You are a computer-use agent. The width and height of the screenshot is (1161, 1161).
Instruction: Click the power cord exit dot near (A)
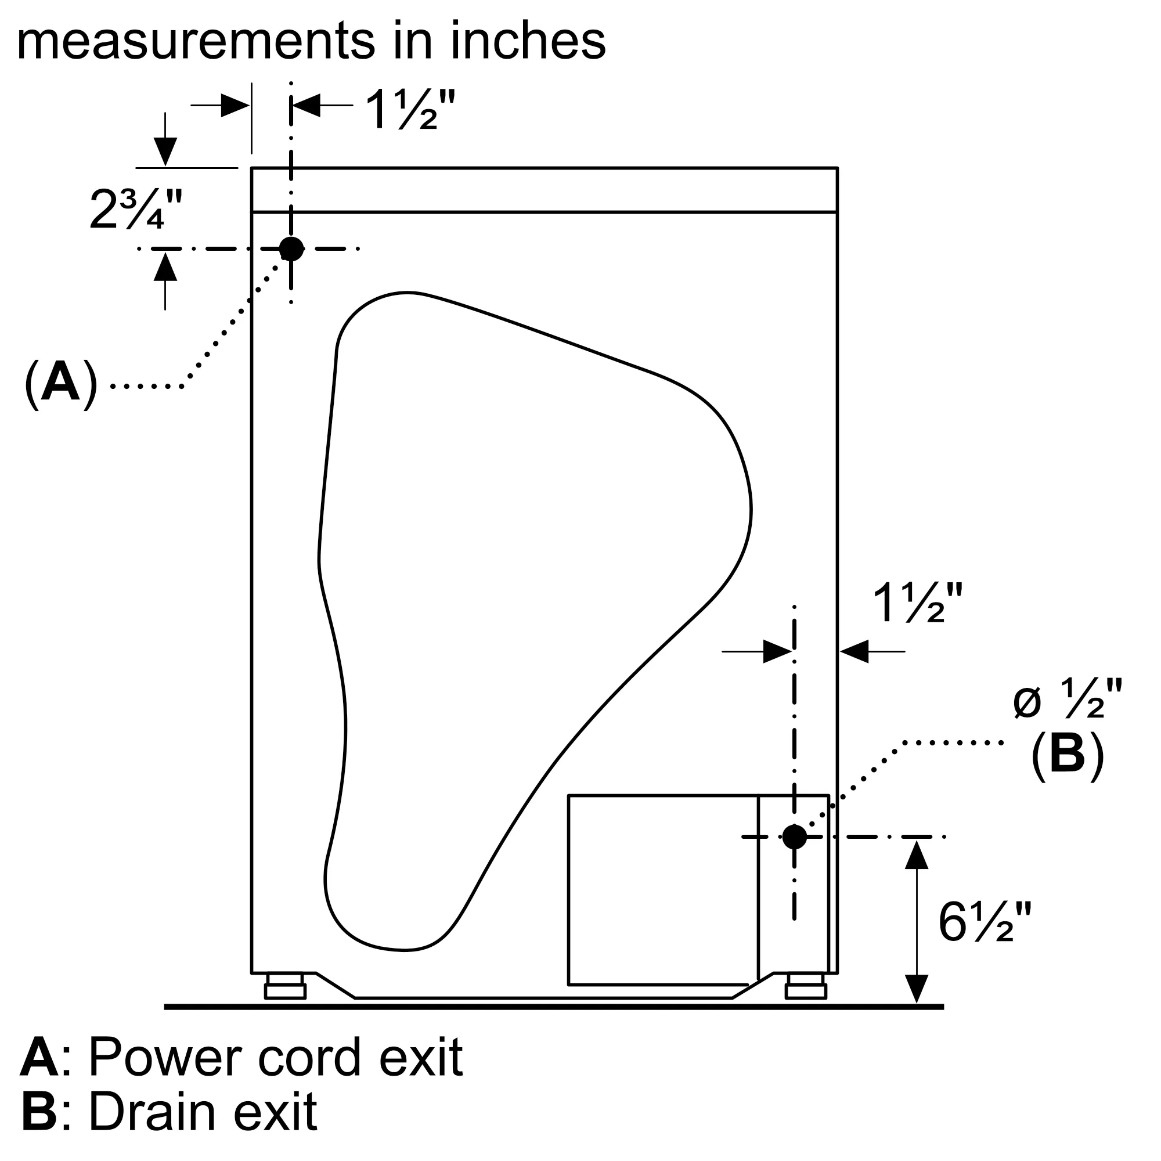[291, 249]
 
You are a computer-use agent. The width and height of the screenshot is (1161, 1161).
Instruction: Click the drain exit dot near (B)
[795, 837]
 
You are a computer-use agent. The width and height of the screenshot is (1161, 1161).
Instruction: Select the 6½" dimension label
[985, 922]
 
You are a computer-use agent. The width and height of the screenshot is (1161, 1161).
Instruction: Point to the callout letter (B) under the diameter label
[1068, 755]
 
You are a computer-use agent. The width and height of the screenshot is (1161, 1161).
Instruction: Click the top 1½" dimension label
[410, 109]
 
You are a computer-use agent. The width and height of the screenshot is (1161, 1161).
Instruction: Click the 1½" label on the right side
[918, 603]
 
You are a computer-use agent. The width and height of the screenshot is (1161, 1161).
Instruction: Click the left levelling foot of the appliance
[286, 986]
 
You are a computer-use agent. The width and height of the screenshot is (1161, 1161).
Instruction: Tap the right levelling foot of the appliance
[805, 986]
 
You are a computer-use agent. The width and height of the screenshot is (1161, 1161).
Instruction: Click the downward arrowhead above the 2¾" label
[165, 152]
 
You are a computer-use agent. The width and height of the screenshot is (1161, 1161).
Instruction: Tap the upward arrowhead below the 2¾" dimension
[165, 266]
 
